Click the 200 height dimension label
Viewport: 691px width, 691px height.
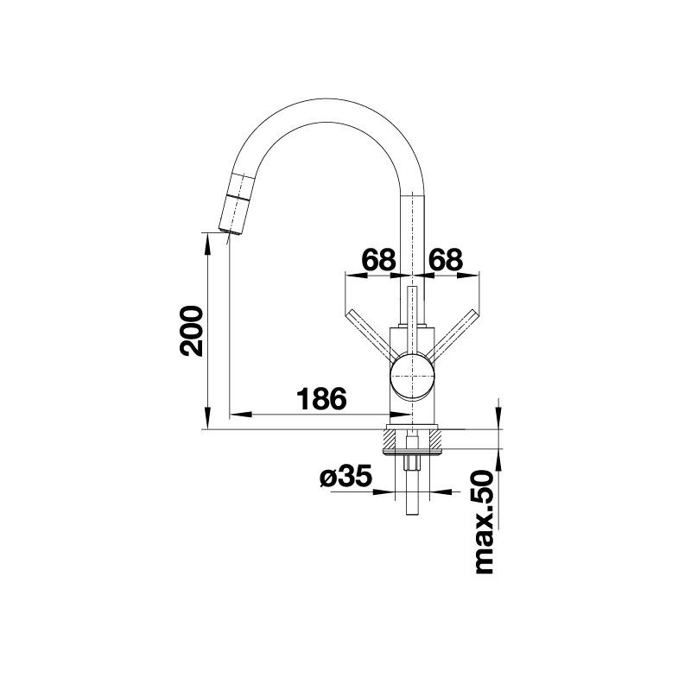(191, 331)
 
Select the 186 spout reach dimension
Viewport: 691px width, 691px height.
(321, 399)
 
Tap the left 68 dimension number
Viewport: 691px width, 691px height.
(378, 260)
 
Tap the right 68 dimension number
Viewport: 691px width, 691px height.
(446, 260)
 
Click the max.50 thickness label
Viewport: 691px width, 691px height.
(484, 523)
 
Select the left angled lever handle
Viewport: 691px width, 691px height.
(370, 333)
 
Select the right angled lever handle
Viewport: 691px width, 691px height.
(452, 333)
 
